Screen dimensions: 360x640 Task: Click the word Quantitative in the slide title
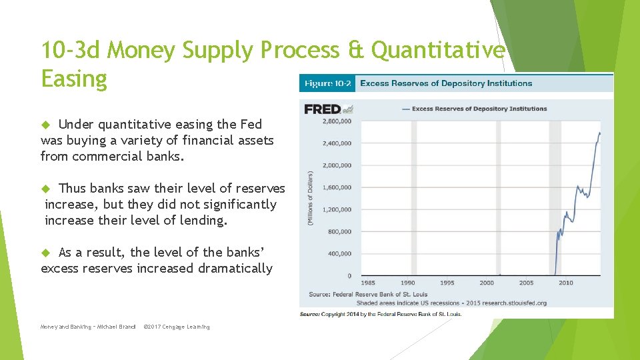tap(438, 49)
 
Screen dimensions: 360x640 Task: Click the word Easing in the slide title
tap(73, 79)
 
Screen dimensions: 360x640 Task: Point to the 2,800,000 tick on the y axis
tap(337, 121)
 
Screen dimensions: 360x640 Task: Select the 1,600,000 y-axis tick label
tap(337, 187)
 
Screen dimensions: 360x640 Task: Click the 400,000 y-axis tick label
tap(340, 253)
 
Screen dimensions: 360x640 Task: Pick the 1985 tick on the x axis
tap(368, 283)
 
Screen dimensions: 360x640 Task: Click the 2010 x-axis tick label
tap(565, 283)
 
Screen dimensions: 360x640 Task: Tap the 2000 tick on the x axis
tap(487, 283)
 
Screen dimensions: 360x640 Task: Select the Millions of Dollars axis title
tap(310, 197)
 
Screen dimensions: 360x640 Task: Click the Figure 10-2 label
tap(327, 83)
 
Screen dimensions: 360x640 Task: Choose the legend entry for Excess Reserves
tap(479, 109)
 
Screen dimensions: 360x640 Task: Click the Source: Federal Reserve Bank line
tap(368, 294)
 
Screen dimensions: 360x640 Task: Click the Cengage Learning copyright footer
tap(177, 327)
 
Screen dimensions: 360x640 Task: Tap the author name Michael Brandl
tap(116, 327)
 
